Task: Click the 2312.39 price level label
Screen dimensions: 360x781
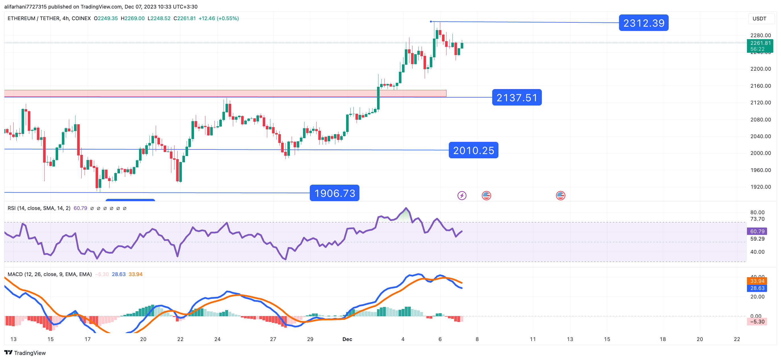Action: pyautogui.click(x=643, y=23)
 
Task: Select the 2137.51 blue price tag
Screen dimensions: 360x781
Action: pyautogui.click(x=517, y=97)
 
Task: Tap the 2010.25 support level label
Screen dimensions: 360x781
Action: pyautogui.click(x=473, y=150)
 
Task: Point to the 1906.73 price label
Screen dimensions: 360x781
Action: pyautogui.click(x=334, y=193)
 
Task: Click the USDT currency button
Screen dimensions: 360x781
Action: pyautogui.click(x=759, y=18)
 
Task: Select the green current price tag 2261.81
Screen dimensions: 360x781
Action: pyautogui.click(x=760, y=46)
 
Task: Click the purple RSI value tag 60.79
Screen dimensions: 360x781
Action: pyautogui.click(x=757, y=231)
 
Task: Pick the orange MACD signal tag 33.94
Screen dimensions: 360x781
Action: pyautogui.click(x=757, y=281)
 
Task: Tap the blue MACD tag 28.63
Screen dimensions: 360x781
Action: pyautogui.click(x=757, y=288)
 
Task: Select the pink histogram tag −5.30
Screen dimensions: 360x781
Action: pyautogui.click(x=757, y=321)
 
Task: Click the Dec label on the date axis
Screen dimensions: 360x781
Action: pyautogui.click(x=347, y=339)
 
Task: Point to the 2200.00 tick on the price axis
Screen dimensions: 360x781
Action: pyautogui.click(x=760, y=69)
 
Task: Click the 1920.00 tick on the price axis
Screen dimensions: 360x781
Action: pyautogui.click(x=760, y=187)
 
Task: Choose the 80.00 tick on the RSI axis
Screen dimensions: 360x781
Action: pyautogui.click(x=757, y=212)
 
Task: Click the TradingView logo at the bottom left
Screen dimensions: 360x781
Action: pyautogui.click(x=25, y=353)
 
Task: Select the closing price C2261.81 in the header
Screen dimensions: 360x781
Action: pyautogui.click(x=185, y=18)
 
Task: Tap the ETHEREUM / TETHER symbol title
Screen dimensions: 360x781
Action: pyautogui.click(x=49, y=18)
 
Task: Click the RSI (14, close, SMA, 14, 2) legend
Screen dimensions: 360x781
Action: pyautogui.click(x=39, y=208)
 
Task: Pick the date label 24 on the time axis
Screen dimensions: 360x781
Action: pyautogui.click(x=217, y=339)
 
